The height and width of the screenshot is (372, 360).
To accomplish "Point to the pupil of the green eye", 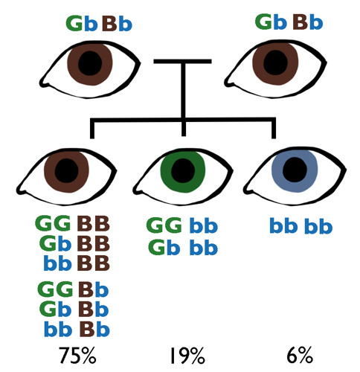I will pyautogui.click(x=183, y=173).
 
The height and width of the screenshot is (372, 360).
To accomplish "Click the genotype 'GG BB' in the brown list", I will pyautogui.click(x=72, y=224).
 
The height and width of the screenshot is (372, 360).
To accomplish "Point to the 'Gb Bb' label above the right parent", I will pyautogui.click(x=289, y=22).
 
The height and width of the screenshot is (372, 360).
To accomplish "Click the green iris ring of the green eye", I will pyautogui.click(x=167, y=173).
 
